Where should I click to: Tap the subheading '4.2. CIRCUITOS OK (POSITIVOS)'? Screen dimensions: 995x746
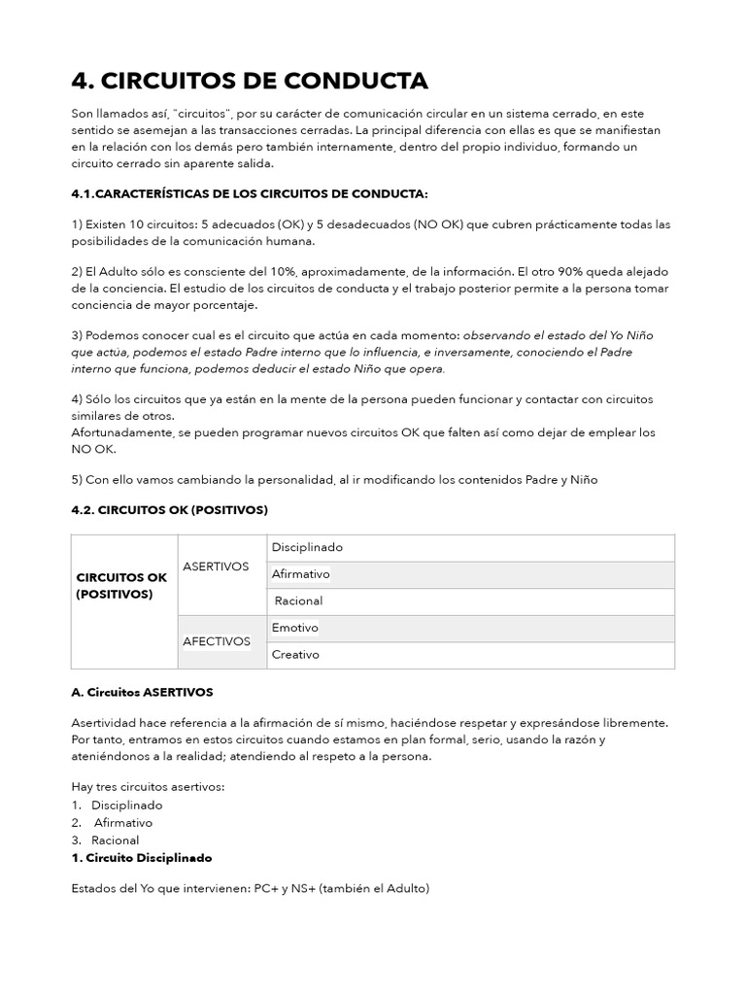pyautogui.click(x=169, y=509)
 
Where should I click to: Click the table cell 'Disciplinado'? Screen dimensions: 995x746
pyautogui.click(x=307, y=547)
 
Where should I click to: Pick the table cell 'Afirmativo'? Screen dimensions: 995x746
pyautogui.click(x=301, y=574)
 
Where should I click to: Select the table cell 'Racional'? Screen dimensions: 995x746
pyautogui.click(x=298, y=600)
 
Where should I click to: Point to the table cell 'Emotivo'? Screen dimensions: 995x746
pyautogui.click(x=295, y=628)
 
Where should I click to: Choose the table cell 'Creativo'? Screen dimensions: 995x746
pyautogui.click(x=295, y=655)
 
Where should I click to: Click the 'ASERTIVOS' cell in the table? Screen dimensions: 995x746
pyautogui.click(x=216, y=566)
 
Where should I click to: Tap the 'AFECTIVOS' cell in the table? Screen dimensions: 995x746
pyautogui.click(x=217, y=641)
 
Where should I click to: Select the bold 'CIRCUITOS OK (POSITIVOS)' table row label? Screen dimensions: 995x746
pyautogui.click(x=121, y=585)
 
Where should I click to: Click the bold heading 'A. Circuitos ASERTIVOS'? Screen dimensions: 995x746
pyautogui.click(x=142, y=692)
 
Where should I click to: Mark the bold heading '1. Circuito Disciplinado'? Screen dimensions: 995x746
pyautogui.click(x=142, y=858)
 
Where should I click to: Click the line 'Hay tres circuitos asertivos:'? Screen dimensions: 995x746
pyautogui.click(x=148, y=787)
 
